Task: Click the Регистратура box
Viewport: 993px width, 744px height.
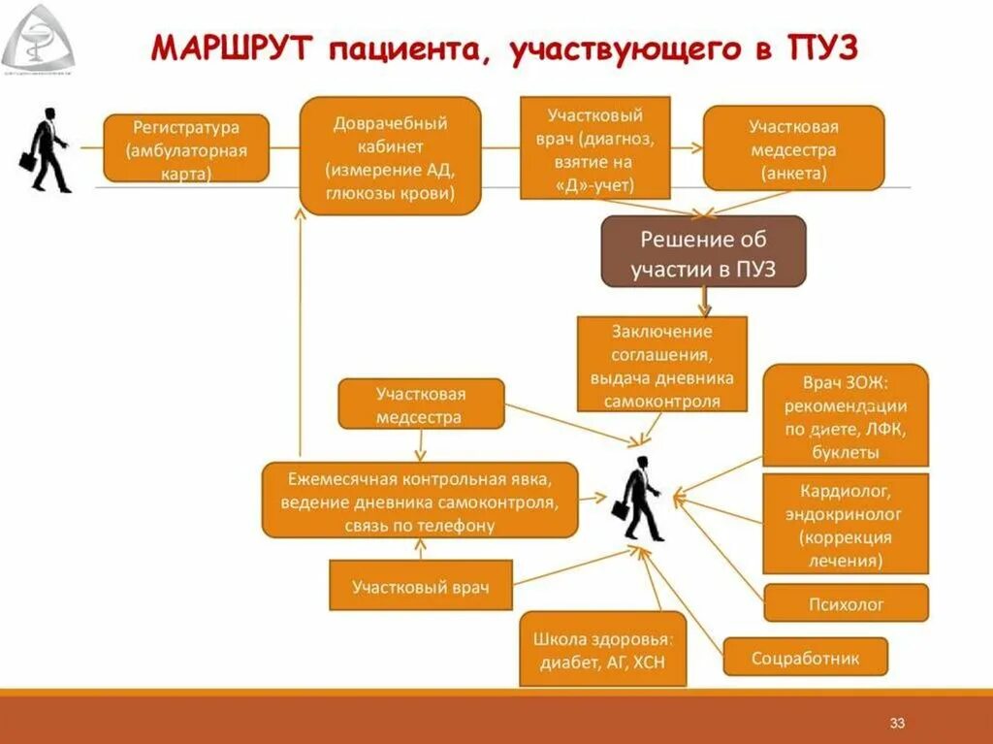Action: pyautogui.click(x=185, y=148)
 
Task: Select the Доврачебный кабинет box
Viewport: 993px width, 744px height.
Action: pyautogui.click(x=390, y=155)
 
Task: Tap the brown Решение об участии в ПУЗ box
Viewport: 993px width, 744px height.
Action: pyautogui.click(x=703, y=251)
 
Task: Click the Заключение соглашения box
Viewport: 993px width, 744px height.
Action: pyautogui.click(x=662, y=365)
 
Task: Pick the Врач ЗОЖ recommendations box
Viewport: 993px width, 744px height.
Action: pyautogui.click(x=845, y=415)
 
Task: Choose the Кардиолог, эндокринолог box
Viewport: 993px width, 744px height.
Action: pyautogui.click(x=845, y=524)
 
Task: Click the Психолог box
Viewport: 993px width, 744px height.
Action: pyautogui.click(x=846, y=603)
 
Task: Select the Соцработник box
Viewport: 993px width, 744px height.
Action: pyautogui.click(x=805, y=658)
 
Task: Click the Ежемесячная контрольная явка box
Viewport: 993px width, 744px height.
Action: pyautogui.click(x=420, y=501)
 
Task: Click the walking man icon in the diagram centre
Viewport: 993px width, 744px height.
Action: pyautogui.click(x=641, y=499)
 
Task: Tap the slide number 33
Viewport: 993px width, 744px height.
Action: pyautogui.click(x=897, y=724)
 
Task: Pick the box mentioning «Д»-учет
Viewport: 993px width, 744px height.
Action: pyautogui.click(x=595, y=146)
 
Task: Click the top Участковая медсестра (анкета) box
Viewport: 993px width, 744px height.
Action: pyautogui.click(x=793, y=148)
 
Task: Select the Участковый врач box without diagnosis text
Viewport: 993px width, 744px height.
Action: pyautogui.click(x=420, y=586)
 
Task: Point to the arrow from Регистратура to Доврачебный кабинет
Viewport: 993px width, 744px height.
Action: pyautogui.click(x=284, y=148)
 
